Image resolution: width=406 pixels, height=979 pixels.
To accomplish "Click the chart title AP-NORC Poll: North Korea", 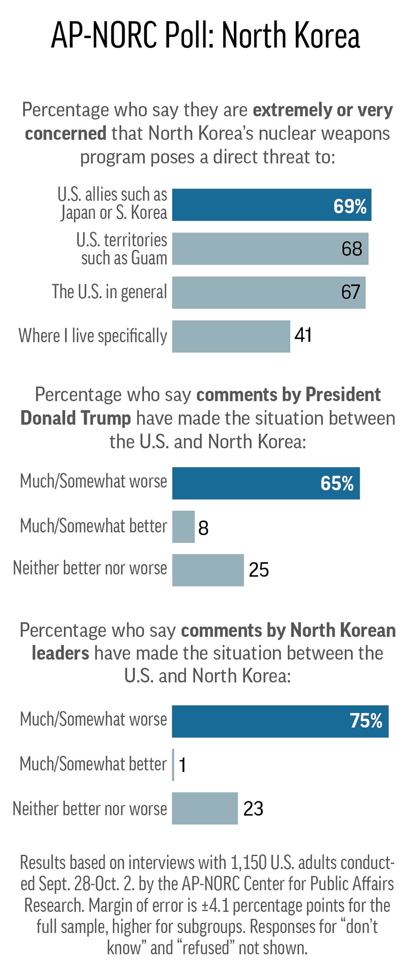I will (x=205, y=36).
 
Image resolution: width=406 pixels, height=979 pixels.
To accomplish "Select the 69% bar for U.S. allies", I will (x=271, y=205).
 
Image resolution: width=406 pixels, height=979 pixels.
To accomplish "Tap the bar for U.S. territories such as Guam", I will (x=270, y=248).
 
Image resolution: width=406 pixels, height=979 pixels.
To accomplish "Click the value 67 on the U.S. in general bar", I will (x=350, y=292).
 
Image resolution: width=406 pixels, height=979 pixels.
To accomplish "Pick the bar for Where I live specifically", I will (x=231, y=336).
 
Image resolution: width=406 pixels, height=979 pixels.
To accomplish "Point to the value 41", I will (x=303, y=335).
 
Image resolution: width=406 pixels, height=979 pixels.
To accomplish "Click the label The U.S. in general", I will (x=109, y=292).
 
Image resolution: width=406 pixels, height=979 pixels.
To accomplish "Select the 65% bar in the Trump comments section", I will (x=266, y=483).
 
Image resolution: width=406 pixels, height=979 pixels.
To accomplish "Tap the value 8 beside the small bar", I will (x=203, y=528).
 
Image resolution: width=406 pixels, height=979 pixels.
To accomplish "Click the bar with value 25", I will (x=208, y=570).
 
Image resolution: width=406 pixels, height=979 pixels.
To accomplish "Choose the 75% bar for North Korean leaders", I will (x=280, y=721).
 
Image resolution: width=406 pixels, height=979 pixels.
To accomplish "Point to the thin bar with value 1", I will (x=173, y=765).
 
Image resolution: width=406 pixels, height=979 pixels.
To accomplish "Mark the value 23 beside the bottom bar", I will (x=253, y=809).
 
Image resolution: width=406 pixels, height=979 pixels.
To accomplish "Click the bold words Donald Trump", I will (x=76, y=418).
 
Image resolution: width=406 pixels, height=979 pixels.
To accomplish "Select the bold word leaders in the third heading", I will (x=60, y=653).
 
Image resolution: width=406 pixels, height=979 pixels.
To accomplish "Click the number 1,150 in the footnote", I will (x=248, y=862).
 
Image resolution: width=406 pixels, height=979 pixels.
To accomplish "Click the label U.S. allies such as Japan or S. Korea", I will (x=112, y=203).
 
